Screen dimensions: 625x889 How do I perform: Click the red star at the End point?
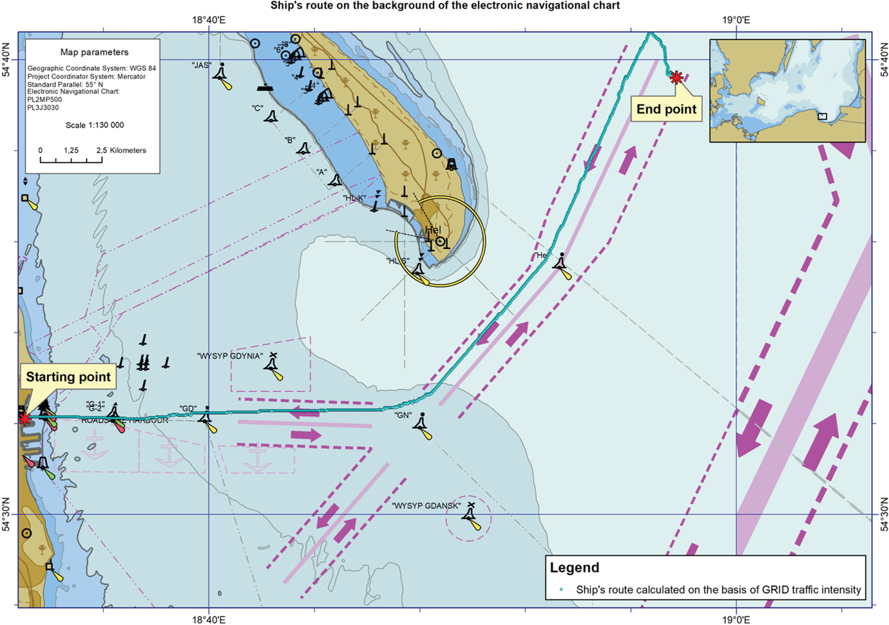pyautogui.click(x=676, y=78)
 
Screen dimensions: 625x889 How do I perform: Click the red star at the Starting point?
pyautogui.click(x=24, y=419)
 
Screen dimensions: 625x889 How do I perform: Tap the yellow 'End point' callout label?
pyautogui.click(x=666, y=110)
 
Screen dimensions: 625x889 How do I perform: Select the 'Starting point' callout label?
pyautogui.click(x=68, y=377)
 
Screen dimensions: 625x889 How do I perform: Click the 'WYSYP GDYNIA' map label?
pyautogui.click(x=230, y=356)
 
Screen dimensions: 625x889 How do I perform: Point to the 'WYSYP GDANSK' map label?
pyautogui.click(x=426, y=506)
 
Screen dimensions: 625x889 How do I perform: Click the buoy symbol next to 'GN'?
pyautogui.click(x=422, y=424)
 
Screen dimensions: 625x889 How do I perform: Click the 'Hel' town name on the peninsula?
pyautogui.click(x=433, y=230)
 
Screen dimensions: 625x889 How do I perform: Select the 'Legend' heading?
pyautogui.click(x=574, y=568)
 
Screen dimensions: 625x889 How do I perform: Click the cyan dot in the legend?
pyautogui.click(x=561, y=590)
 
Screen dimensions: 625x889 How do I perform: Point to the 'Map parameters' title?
pyautogui.click(x=94, y=52)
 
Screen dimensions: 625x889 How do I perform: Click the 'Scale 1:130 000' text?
pyautogui.click(x=95, y=125)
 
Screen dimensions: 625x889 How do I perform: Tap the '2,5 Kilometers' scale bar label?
pyautogui.click(x=121, y=150)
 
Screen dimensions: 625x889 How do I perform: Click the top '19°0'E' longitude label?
pyautogui.click(x=736, y=20)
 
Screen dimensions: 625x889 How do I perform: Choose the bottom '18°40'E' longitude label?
pyautogui.click(x=209, y=619)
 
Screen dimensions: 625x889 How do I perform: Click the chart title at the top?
pyautogui.click(x=444, y=6)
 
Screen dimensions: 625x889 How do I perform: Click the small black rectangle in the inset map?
pyautogui.click(x=822, y=117)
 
